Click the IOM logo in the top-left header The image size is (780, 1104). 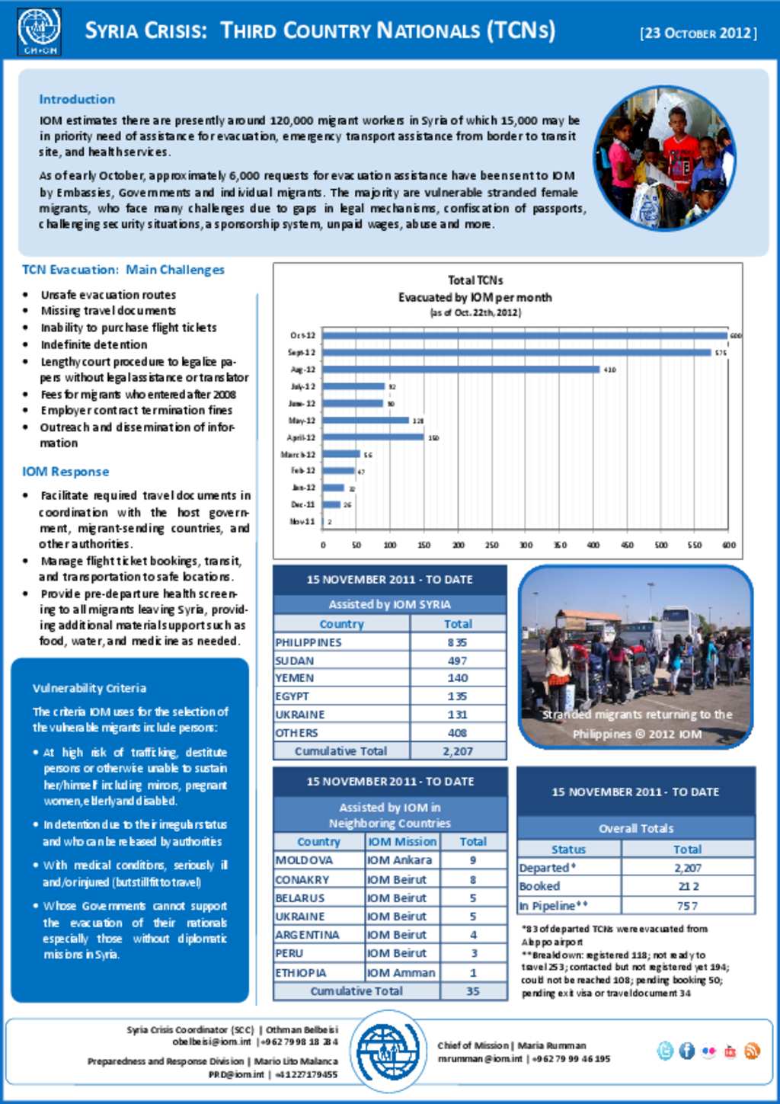(39, 30)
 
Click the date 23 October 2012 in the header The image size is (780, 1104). (698, 33)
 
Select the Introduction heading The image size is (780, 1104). (77, 99)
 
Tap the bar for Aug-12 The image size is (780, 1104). (461, 370)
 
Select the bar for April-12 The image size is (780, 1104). (373, 437)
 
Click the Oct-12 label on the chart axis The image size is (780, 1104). (302, 335)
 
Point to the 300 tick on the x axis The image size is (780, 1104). (526, 545)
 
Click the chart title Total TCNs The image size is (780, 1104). (475, 280)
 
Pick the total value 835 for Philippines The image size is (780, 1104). (457, 642)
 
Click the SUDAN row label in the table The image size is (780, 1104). (295, 661)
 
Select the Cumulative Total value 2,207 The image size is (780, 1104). (457, 751)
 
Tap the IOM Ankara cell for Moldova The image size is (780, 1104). (399, 860)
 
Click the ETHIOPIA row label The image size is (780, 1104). (301, 973)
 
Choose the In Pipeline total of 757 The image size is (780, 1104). (687, 906)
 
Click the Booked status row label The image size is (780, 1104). (539, 887)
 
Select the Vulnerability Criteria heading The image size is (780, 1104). (89, 688)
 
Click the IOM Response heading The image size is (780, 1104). (66, 472)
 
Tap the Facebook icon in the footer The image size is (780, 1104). (686, 1051)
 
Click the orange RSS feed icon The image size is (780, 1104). (752, 1051)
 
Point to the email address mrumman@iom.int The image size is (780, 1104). (480, 1059)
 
